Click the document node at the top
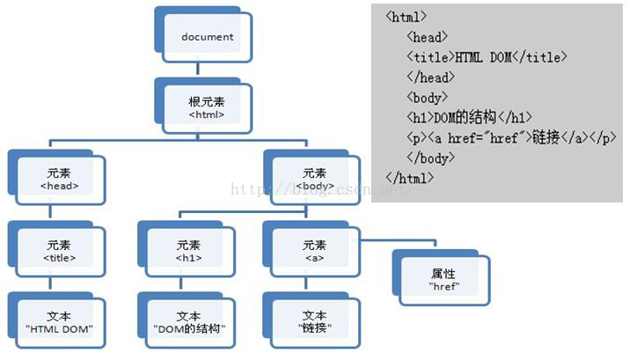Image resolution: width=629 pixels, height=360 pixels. pos(208,37)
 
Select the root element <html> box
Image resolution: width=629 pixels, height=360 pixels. pos(208,107)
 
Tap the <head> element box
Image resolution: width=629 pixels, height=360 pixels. pos(60,179)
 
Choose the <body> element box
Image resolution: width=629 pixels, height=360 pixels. pos(315,179)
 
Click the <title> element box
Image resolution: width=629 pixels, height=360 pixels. pos(60,251)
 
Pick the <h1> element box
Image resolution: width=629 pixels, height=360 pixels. pos(188,251)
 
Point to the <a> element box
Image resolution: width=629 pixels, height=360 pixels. pos(315,251)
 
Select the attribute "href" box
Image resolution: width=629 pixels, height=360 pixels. pos(442,279)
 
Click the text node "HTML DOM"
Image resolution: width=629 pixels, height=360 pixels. pos(60,322)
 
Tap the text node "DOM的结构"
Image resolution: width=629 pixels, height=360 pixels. pos(188,322)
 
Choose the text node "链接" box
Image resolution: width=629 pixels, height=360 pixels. pos(315,322)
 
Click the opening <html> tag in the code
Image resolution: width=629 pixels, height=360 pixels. pos(406,17)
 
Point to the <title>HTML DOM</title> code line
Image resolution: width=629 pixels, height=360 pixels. pos(486,57)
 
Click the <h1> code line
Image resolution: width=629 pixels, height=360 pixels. pos(469,118)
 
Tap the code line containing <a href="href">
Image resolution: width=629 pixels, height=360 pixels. pos(511,138)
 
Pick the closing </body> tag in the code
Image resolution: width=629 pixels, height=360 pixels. pos(431,158)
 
